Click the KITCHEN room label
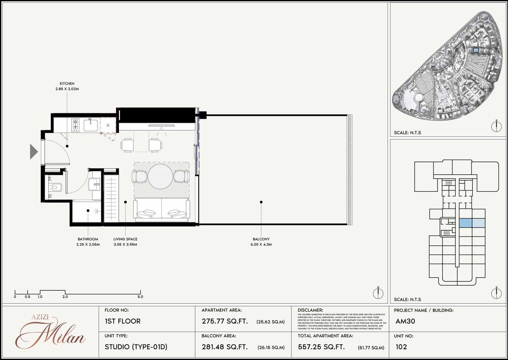pyautogui.click(x=67, y=83)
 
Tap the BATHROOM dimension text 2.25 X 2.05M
pyautogui.click(x=88, y=244)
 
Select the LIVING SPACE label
pyautogui.click(x=125, y=239)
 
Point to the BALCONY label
pyautogui.click(x=261, y=239)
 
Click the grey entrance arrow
pyautogui.click(x=34, y=151)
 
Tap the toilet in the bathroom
pyautogui.click(x=56, y=187)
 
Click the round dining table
pyautogui.click(x=160, y=176)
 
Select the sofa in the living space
pyautogui.click(x=162, y=210)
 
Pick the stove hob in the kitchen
pyautogui.click(x=75, y=125)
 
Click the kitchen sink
pyautogui.click(x=90, y=125)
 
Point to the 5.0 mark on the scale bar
pyautogui.click(x=140, y=297)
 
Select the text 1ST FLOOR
pyautogui.click(x=123, y=321)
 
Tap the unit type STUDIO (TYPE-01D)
pyautogui.click(x=136, y=347)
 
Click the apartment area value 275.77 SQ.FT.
pyautogui.click(x=225, y=321)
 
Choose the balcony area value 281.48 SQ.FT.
pyautogui.click(x=225, y=347)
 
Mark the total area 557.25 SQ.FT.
pyautogui.click(x=321, y=347)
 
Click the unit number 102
pyautogui.click(x=401, y=347)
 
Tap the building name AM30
pyautogui.click(x=405, y=321)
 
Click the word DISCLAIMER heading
pyautogui.click(x=310, y=310)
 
